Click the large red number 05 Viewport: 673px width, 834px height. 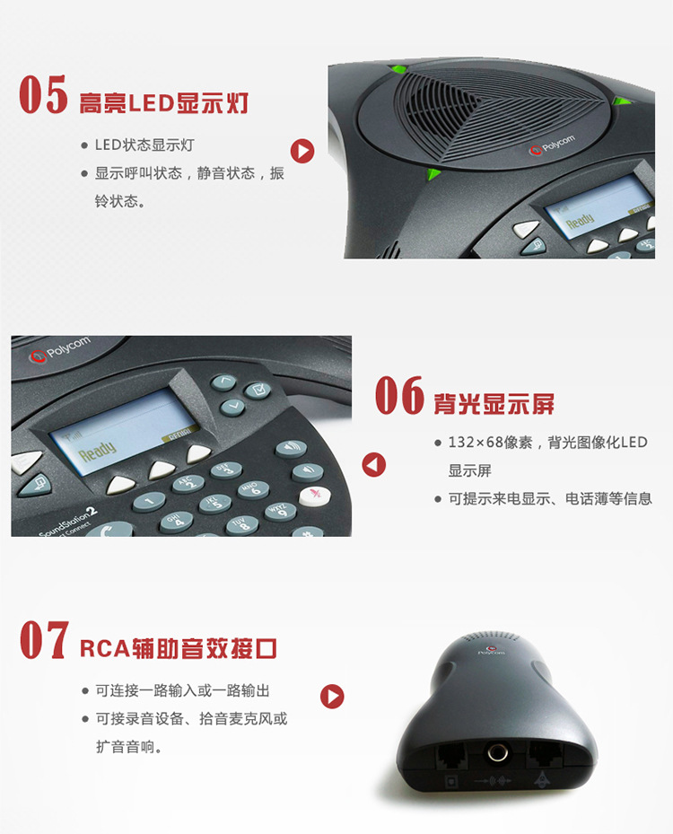pyautogui.click(x=44, y=94)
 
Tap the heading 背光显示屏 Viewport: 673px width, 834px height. pyautogui.click(x=494, y=404)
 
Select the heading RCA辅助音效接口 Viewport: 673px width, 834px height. pyautogui.click(x=179, y=648)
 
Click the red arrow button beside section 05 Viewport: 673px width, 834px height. pyautogui.click(x=302, y=151)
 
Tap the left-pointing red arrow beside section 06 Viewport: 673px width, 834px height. pyautogui.click(x=373, y=464)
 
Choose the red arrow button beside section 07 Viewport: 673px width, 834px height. pyautogui.click(x=332, y=697)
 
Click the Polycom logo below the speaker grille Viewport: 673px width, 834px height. pyautogui.click(x=553, y=145)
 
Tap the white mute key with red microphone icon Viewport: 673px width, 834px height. pyautogui.click(x=315, y=496)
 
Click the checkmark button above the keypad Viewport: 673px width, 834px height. pyautogui.click(x=258, y=390)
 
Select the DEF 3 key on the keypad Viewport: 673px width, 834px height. pyautogui.click(x=226, y=470)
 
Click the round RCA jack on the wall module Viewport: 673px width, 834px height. pyautogui.click(x=498, y=752)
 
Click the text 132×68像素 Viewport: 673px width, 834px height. pyautogui.click(x=490, y=443)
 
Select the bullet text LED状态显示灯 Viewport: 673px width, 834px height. pyautogui.click(x=144, y=145)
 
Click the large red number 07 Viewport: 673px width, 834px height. pyautogui.click(x=45, y=640)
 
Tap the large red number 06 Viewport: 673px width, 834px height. pyautogui.click(x=399, y=395)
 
